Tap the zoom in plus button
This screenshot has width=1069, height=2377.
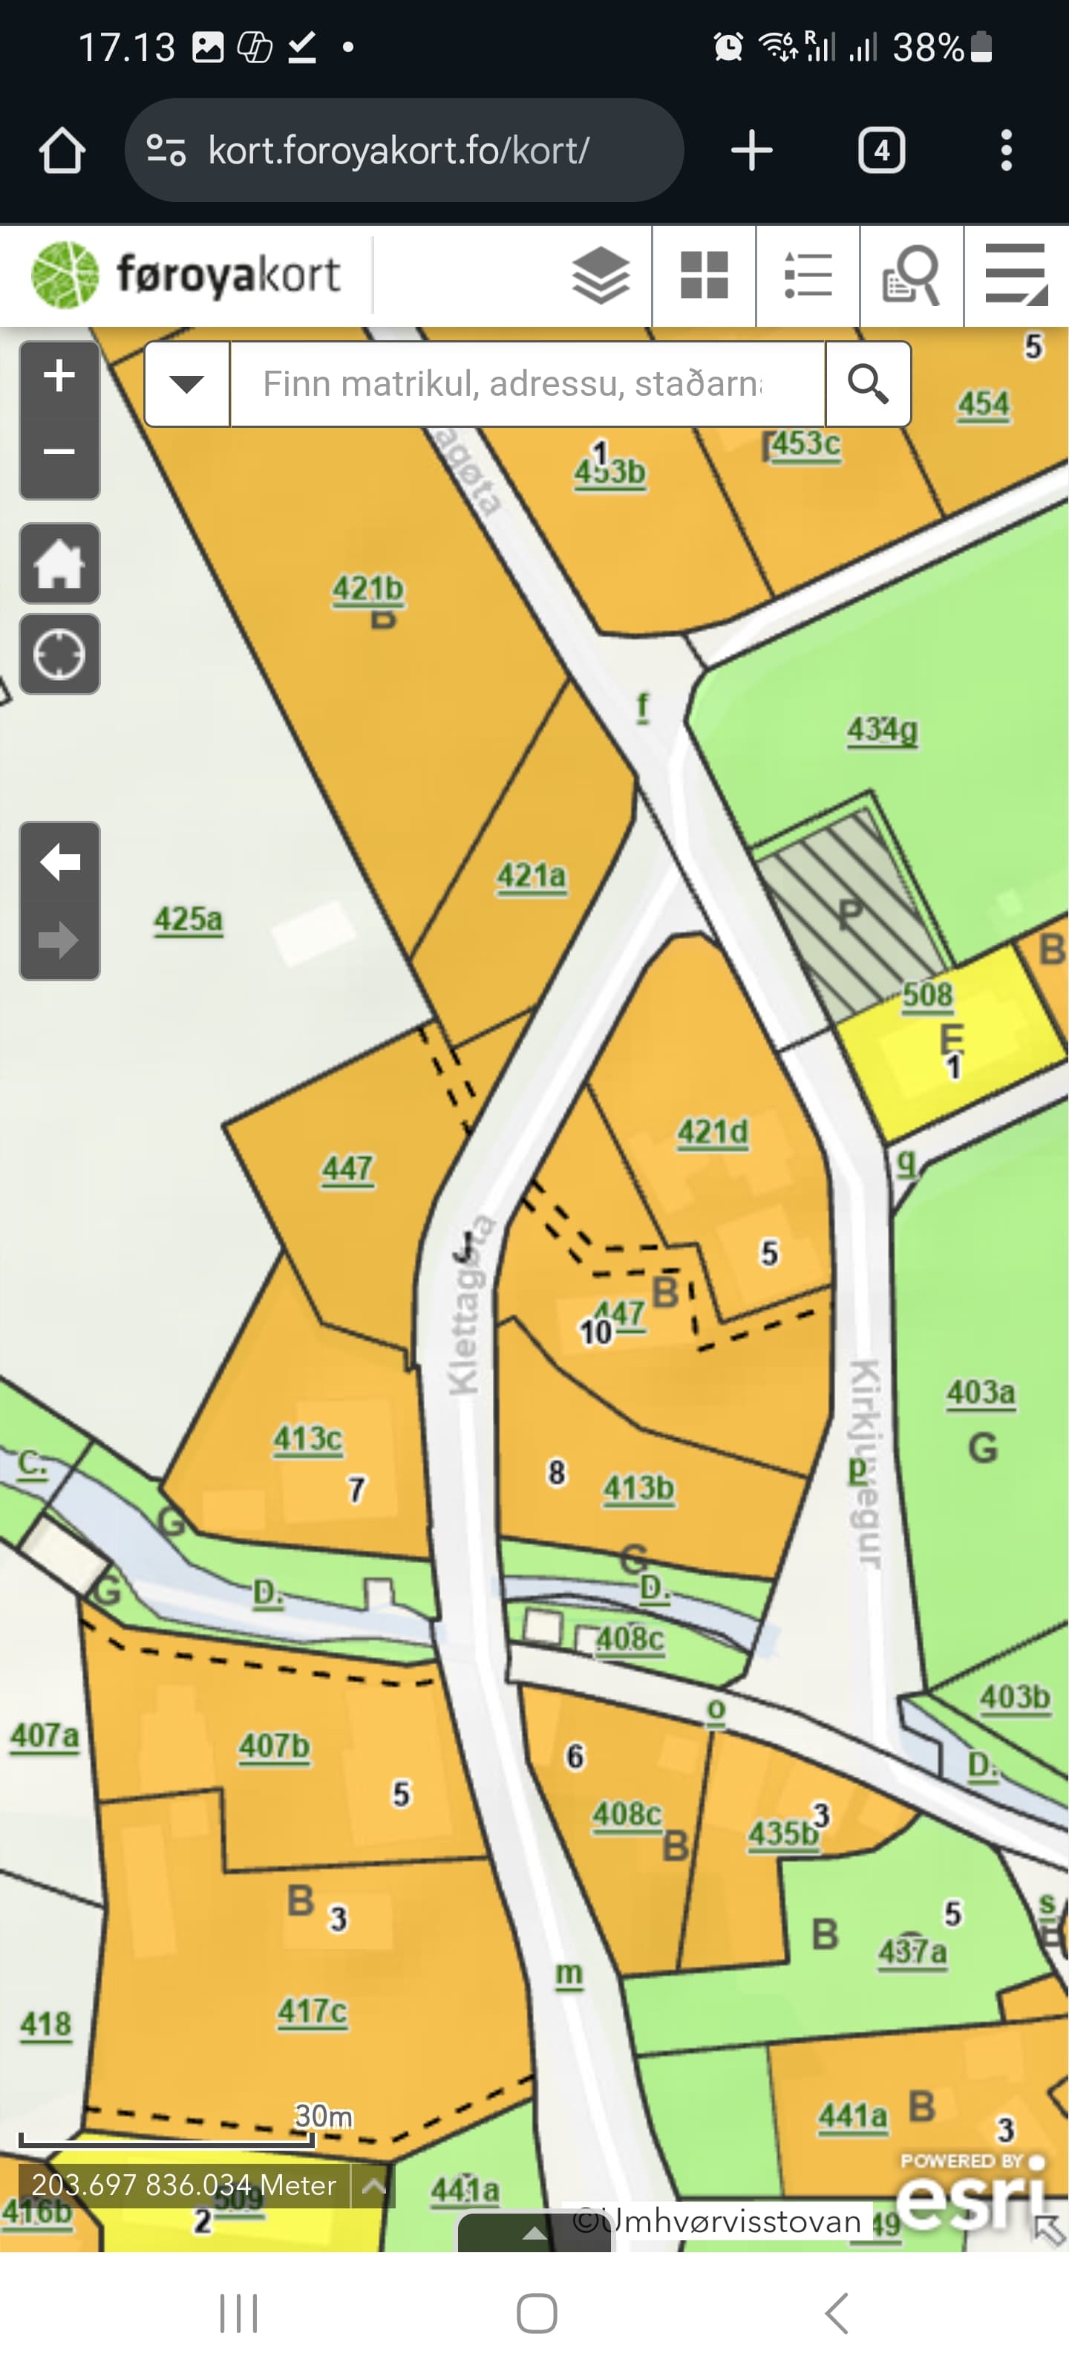[59, 377]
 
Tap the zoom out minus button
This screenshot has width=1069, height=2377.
[59, 452]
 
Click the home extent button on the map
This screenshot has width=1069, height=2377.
[59, 563]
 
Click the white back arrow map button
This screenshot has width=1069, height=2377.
[59, 862]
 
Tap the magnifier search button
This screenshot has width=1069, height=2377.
[867, 384]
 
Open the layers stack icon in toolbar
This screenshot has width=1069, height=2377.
[601, 275]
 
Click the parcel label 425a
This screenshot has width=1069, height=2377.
[188, 919]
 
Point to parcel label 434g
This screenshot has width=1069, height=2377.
[883, 730]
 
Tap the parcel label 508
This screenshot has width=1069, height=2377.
[927, 994]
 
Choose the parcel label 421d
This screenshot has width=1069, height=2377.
[713, 1132]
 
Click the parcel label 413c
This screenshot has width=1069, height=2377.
[308, 1439]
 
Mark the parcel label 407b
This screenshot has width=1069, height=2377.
[275, 1746]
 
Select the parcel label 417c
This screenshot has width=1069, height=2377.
[313, 2011]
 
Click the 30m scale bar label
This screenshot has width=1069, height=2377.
[323, 2115]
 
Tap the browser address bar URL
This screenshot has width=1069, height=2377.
[399, 150]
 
